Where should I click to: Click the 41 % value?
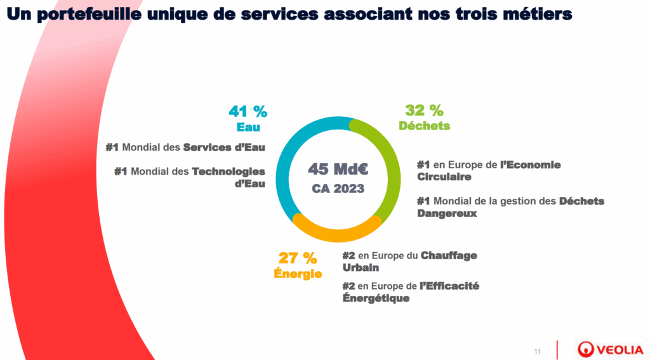248,112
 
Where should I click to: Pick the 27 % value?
298,258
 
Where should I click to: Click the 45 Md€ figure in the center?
338,170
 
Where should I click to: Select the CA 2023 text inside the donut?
338,189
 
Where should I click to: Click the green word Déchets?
424,126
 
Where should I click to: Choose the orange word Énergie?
298,274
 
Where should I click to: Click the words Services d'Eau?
224,147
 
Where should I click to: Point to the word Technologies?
229,171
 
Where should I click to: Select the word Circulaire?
444,177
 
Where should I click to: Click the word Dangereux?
447,213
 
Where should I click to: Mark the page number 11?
538,351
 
